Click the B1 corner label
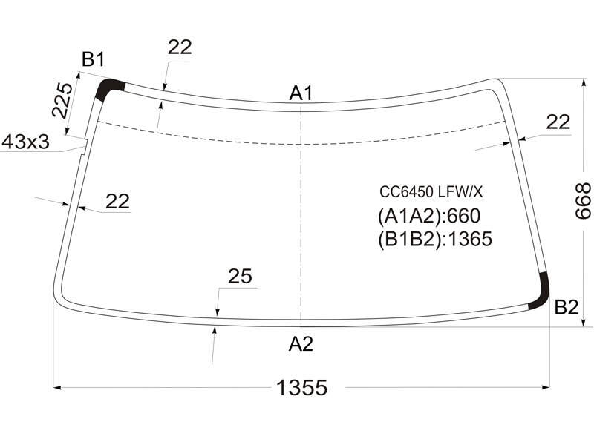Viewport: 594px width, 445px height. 94,59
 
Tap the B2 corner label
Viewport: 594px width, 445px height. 567,307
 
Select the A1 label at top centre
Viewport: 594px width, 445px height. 301,93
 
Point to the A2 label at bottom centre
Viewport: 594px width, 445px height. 301,344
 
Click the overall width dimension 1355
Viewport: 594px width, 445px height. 302,388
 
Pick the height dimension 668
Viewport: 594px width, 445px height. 582,201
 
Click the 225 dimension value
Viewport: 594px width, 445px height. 62,100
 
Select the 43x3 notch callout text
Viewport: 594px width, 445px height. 26,142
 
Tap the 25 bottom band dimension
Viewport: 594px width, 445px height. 240,276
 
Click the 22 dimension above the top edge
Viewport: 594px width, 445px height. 180,47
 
